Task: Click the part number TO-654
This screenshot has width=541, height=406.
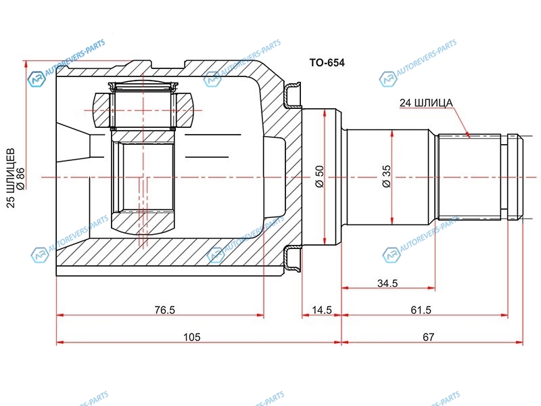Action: tap(327, 62)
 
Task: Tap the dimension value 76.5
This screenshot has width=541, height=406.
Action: tap(164, 310)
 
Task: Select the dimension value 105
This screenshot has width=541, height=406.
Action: tap(192, 337)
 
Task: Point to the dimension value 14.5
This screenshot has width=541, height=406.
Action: tap(322, 310)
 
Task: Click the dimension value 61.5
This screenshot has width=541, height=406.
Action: tap(421, 310)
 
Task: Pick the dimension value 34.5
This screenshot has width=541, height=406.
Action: tap(387, 283)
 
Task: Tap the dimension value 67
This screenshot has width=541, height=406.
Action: tap(428, 337)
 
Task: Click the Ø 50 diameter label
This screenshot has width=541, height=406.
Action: tap(319, 177)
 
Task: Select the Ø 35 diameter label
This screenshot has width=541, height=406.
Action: tap(386, 177)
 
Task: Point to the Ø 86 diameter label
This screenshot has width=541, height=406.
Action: tap(21, 179)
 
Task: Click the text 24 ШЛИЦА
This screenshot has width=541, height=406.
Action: tap(426, 103)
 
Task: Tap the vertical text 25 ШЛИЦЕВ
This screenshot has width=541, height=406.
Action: tap(11, 178)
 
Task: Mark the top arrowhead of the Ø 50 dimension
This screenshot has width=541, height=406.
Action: tap(325, 113)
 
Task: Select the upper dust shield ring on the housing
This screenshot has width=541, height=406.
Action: tap(292, 94)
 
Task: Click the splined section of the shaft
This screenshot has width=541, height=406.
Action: tap(469, 177)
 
